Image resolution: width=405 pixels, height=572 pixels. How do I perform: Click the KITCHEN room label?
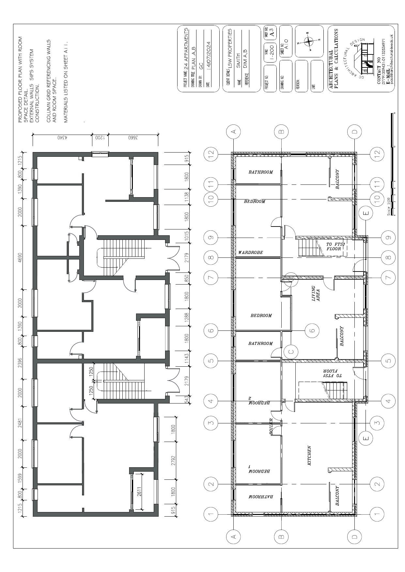coord(309,456)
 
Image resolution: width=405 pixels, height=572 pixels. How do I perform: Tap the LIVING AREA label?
coord(316,294)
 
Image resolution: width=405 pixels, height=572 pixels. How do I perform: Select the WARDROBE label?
coord(250,253)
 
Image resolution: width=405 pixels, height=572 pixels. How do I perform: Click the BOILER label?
coord(271,426)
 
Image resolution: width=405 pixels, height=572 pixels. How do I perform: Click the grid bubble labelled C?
coord(291,351)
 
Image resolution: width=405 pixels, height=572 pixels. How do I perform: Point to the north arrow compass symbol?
coord(308,41)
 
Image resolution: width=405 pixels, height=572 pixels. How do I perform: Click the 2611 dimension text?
coord(139,491)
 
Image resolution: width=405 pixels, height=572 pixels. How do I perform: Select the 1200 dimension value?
coord(100,138)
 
